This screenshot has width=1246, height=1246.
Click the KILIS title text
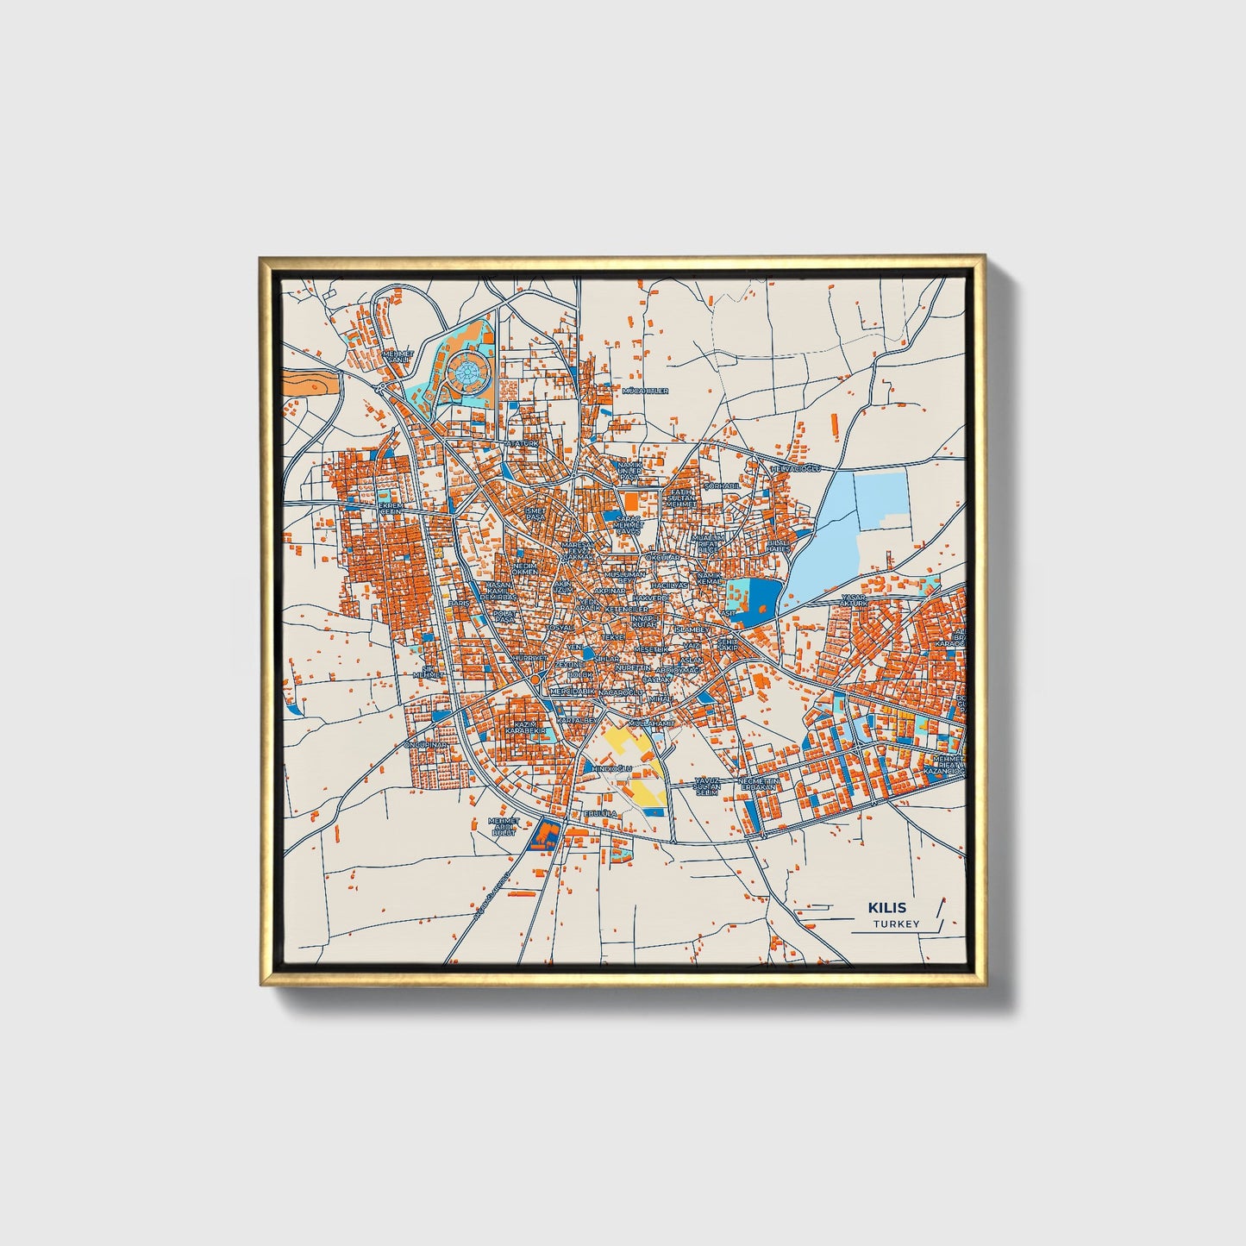click(887, 908)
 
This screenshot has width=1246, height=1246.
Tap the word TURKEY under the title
click(896, 924)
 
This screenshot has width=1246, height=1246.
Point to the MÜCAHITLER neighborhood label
click(645, 391)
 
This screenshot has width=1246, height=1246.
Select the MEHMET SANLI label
click(398, 356)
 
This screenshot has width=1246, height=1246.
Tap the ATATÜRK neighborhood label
click(521, 443)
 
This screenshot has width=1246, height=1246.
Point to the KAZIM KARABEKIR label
click(526, 728)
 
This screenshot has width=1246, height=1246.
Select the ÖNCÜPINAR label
click(426, 745)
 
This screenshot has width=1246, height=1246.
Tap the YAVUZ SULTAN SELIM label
click(707, 786)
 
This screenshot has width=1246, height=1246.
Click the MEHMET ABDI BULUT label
click(504, 827)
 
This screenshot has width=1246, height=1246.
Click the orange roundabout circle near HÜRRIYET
click(535, 680)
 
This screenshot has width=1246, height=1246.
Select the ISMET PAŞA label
click(535, 513)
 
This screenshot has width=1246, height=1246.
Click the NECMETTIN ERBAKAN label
click(758, 784)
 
